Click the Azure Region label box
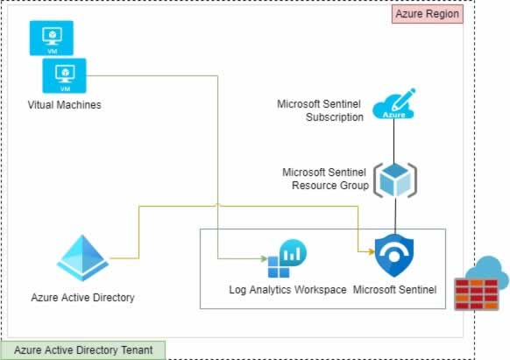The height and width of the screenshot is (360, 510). click(x=428, y=14)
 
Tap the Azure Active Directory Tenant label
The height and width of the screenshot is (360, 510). click(x=83, y=350)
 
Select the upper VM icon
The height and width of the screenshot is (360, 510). click(x=52, y=38)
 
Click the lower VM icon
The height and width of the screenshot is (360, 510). click(x=64, y=75)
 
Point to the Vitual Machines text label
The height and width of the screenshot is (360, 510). click(x=64, y=105)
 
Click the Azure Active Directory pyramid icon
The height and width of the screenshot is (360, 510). click(x=82, y=258)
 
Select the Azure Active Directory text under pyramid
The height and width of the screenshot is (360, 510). click(x=82, y=297)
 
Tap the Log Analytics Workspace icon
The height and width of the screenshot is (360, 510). click(x=287, y=258)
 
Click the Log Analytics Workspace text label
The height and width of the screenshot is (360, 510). click(x=287, y=289)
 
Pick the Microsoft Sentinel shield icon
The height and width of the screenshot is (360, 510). click(x=394, y=256)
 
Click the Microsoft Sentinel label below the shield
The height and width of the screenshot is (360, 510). click(x=394, y=289)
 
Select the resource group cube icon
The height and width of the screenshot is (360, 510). click(x=395, y=180)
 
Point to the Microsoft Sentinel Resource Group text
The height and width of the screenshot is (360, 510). click(x=326, y=179)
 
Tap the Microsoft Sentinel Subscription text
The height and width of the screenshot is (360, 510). click(x=320, y=110)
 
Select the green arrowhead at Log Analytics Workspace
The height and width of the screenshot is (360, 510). click(x=264, y=259)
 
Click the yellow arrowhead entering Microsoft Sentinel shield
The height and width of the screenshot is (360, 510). click(x=372, y=251)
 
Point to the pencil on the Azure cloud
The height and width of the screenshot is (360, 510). click(x=404, y=98)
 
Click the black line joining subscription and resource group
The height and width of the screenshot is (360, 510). click(x=393, y=141)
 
